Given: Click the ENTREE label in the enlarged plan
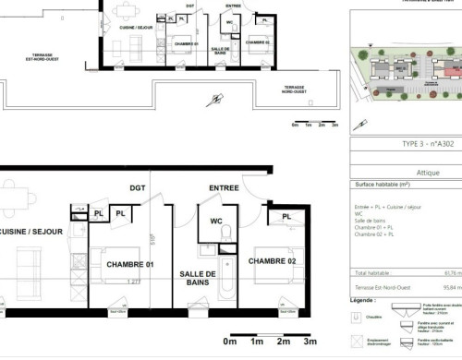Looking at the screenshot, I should click(224, 188).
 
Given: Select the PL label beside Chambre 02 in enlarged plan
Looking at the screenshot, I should click(287, 217).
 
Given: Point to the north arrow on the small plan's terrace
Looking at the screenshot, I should click(215, 99).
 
